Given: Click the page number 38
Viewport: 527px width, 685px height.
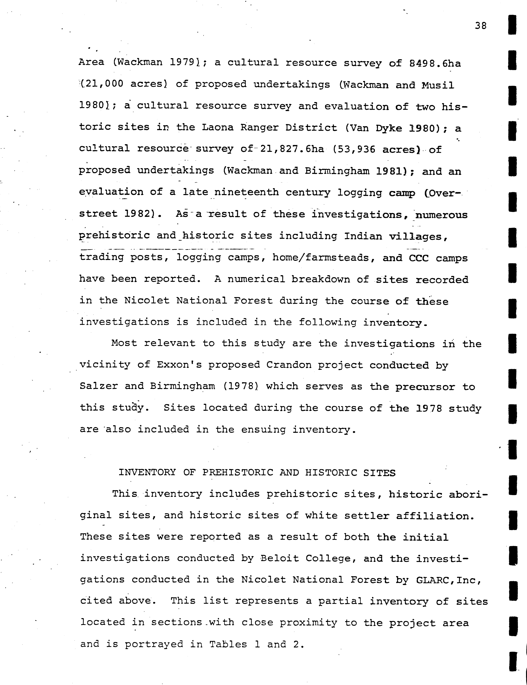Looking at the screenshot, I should click(481, 25).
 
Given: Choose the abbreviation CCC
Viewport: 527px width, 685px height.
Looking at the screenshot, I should click(418, 258).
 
